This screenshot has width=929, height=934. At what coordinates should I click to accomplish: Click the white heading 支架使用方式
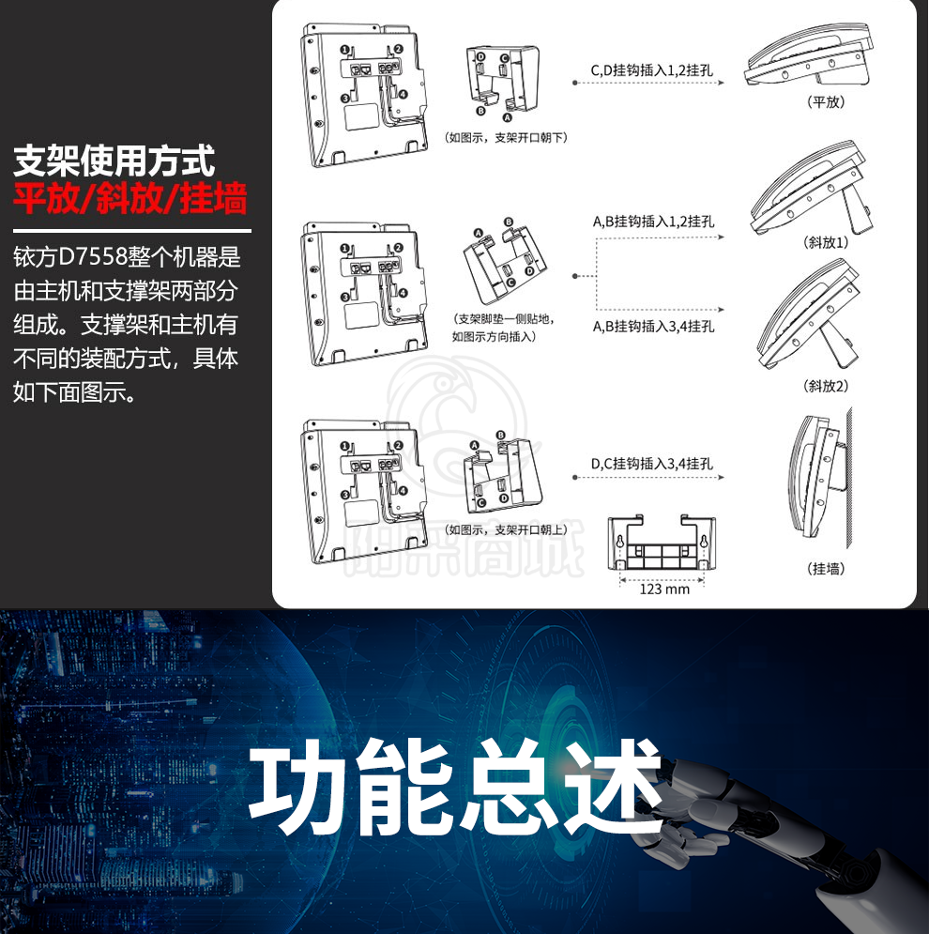pyautogui.click(x=114, y=161)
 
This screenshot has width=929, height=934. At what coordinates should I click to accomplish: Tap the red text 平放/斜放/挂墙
pyautogui.click(x=129, y=198)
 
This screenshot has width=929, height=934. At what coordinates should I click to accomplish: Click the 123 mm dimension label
pyautogui.click(x=664, y=589)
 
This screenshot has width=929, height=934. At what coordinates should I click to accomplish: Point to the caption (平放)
pyautogui.click(x=826, y=102)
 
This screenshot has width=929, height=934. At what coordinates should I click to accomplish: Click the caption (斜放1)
pyautogui.click(x=826, y=242)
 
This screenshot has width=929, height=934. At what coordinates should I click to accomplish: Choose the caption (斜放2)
pyautogui.click(x=826, y=386)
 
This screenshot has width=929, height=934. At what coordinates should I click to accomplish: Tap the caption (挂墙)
pyautogui.click(x=826, y=569)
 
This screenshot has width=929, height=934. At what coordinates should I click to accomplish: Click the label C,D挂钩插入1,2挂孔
pyautogui.click(x=652, y=70)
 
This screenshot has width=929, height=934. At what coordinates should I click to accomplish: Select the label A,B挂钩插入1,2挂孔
pyautogui.click(x=653, y=222)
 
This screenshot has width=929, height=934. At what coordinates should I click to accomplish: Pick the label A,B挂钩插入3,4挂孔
pyautogui.click(x=653, y=327)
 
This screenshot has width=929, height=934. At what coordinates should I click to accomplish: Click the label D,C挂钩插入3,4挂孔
pyautogui.click(x=652, y=464)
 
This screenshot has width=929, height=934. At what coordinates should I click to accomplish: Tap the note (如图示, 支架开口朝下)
pyautogui.click(x=506, y=138)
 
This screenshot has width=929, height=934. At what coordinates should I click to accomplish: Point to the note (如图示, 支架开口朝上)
pyautogui.click(x=506, y=529)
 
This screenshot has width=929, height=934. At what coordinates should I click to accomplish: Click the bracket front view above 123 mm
pyautogui.click(x=662, y=543)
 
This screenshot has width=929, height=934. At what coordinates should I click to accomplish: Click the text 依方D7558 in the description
pyautogui.click(x=71, y=256)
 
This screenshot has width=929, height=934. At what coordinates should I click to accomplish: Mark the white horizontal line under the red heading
pyautogui.click(x=132, y=231)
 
